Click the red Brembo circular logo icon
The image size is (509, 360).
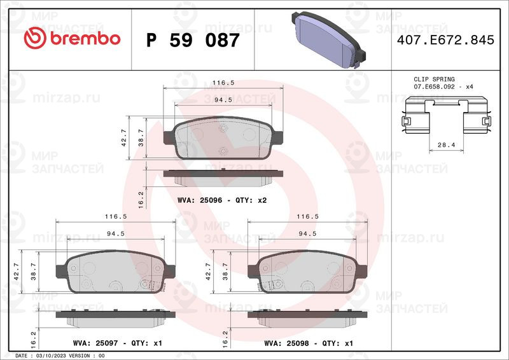[35, 38]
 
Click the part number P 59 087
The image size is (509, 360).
[193, 40]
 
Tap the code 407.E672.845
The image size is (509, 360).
[445, 40]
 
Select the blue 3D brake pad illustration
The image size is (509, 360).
[328, 39]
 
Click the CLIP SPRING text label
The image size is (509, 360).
[434, 80]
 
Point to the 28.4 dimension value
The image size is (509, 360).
[447, 145]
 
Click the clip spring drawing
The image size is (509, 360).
[446, 114]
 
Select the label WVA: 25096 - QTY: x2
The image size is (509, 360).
[222, 200]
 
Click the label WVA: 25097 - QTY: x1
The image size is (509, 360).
[118, 343]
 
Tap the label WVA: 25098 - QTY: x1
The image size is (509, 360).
[309, 343]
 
